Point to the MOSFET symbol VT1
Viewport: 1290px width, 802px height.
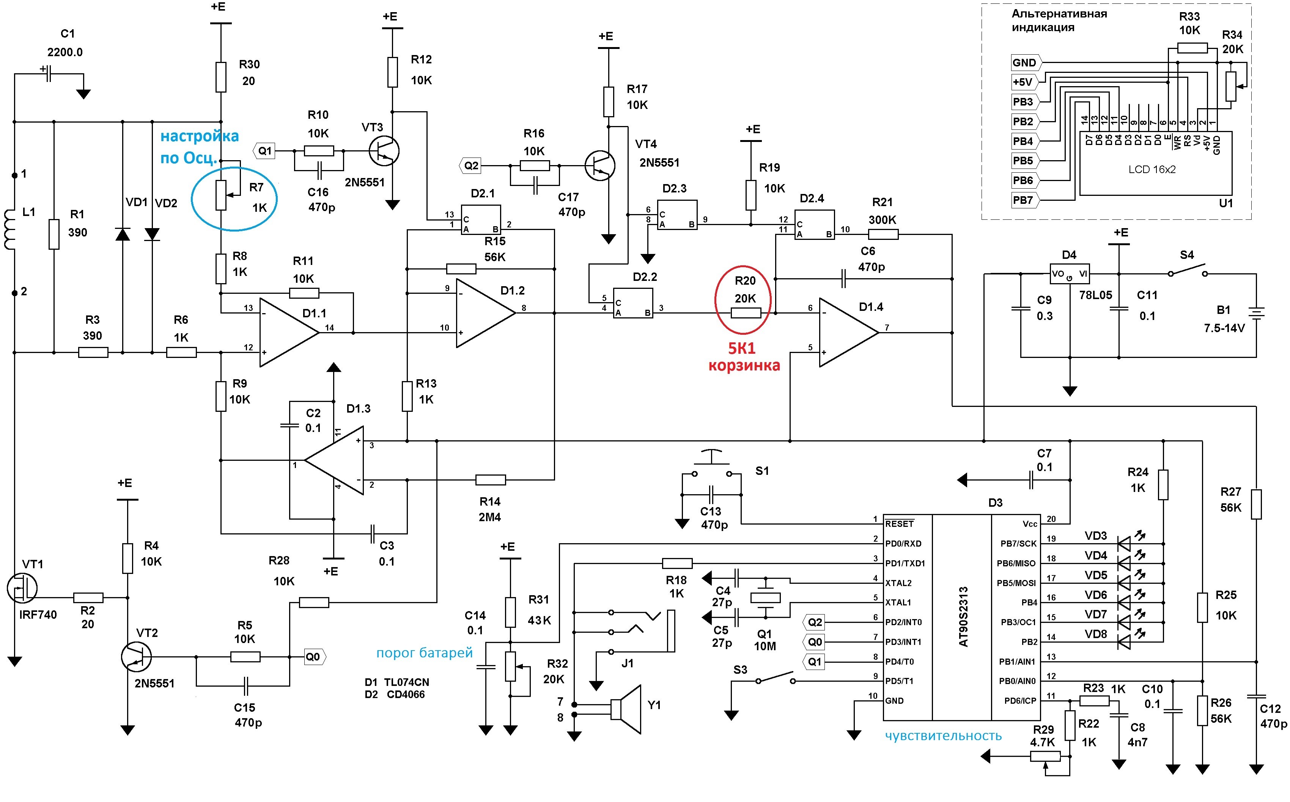(22, 588)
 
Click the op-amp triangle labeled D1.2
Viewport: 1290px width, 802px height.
(486, 314)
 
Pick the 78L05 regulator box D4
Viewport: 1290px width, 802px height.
(1070, 274)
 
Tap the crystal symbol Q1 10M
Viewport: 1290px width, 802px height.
(766, 598)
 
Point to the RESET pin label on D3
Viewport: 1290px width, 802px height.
(900, 523)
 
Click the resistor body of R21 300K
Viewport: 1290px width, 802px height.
(883, 234)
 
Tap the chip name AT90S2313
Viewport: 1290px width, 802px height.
(963, 616)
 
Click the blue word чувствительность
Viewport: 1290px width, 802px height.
(943, 736)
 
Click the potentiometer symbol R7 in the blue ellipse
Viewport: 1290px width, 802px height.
(222, 195)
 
